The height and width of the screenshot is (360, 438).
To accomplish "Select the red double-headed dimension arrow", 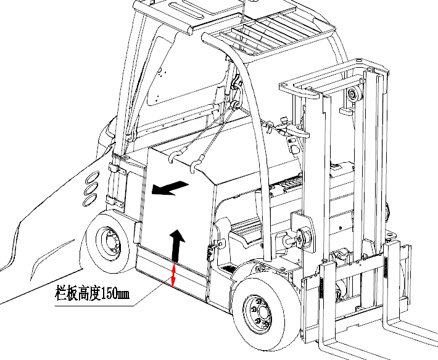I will coord(174,275).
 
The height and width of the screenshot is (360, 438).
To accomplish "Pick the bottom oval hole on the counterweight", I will coord(89,200).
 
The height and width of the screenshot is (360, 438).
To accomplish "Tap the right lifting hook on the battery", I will coord(197,165).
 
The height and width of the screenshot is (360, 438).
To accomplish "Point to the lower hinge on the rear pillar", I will coord(110,199).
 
